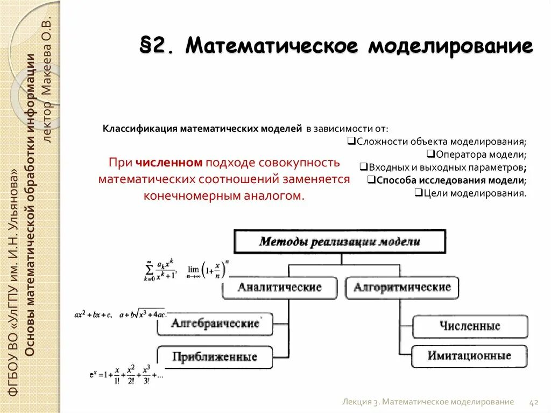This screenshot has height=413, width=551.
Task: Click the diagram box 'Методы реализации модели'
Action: (x=340, y=241)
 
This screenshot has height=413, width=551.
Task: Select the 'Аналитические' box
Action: (x=279, y=288)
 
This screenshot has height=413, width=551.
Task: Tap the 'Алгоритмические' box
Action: (x=402, y=288)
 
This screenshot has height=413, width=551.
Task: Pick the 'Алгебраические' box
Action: (x=215, y=324)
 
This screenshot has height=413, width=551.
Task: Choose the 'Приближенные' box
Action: (x=215, y=356)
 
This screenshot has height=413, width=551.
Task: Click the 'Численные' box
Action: (x=469, y=326)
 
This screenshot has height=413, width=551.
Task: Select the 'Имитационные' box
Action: (x=469, y=356)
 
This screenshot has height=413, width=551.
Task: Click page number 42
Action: (x=534, y=402)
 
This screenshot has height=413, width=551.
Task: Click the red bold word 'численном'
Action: (x=169, y=163)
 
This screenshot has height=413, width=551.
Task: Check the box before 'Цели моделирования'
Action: (x=418, y=192)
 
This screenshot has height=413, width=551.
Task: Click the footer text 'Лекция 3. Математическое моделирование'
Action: (x=428, y=402)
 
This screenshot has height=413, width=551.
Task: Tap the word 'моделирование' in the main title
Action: (x=450, y=46)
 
